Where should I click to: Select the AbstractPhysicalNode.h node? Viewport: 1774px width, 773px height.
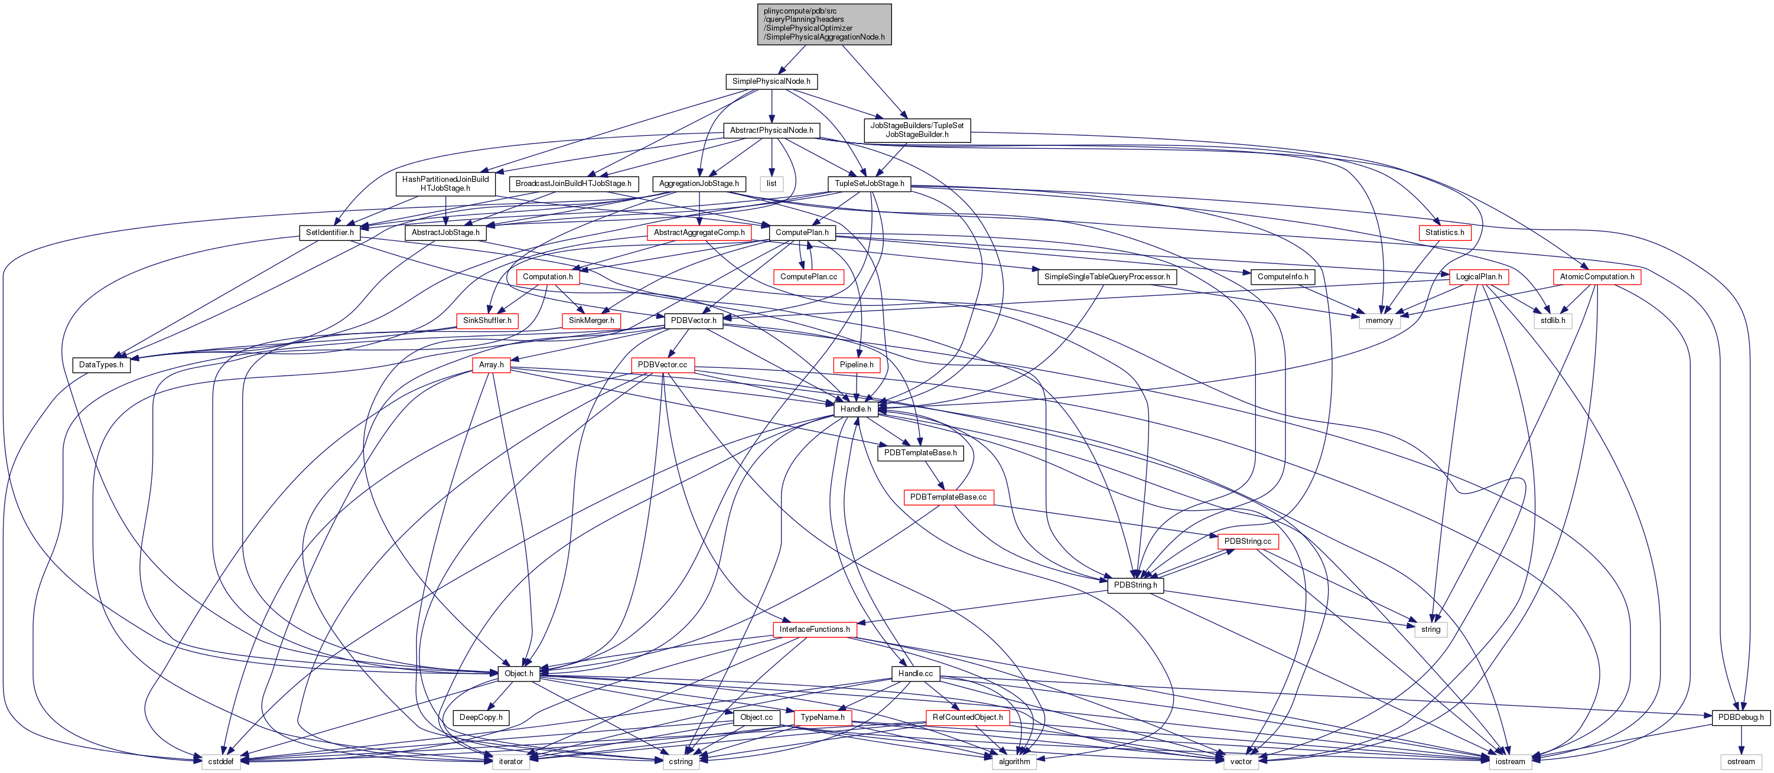(x=772, y=130)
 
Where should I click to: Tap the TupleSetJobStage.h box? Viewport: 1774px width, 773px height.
(x=869, y=184)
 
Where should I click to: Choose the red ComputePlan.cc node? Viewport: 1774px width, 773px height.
(x=809, y=277)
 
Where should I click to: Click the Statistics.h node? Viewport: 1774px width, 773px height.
(x=1444, y=233)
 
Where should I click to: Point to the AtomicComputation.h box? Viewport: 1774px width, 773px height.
(x=1596, y=277)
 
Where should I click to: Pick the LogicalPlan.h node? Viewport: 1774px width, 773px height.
(x=1479, y=277)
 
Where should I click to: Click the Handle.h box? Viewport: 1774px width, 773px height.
(x=855, y=409)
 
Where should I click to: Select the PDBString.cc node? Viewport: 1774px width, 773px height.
(x=1247, y=541)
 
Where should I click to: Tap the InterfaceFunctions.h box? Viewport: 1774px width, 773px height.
(x=814, y=629)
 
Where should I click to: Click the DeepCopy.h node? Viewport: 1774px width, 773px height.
(x=481, y=717)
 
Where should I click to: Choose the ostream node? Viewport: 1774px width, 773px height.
(x=1740, y=761)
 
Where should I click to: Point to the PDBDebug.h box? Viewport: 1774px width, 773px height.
(x=1740, y=717)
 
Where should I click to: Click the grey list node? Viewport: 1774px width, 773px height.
(x=772, y=184)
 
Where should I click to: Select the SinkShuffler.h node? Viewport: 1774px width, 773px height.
(x=487, y=321)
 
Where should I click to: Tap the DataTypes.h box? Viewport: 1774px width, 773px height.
(x=101, y=365)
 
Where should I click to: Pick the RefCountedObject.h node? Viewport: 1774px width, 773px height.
(x=967, y=717)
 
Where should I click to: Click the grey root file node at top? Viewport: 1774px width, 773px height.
(x=823, y=24)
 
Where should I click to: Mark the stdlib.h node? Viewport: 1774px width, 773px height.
(x=1553, y=321)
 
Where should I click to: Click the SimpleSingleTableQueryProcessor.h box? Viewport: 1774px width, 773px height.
(x=1106, y=277)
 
